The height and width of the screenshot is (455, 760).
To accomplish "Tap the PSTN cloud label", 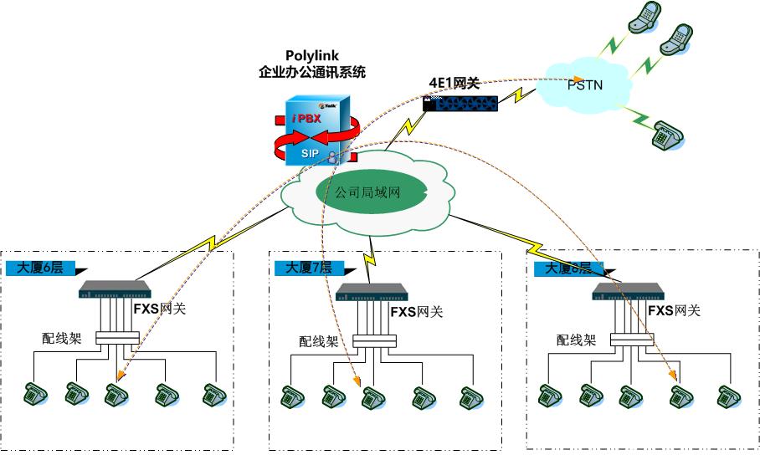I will click(585, 85).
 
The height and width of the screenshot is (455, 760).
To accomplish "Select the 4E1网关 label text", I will click(454, 82).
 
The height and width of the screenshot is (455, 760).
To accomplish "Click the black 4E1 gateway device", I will click(460, 103).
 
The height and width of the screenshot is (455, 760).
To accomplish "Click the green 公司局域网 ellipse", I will click(368, 192).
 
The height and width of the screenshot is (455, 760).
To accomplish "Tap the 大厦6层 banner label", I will click(40, 268).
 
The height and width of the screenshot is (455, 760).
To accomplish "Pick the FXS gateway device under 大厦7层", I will click(371, 292).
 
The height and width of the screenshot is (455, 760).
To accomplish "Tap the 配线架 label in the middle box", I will click(319, 341).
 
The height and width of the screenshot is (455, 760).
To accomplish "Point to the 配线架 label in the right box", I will click(577, 340).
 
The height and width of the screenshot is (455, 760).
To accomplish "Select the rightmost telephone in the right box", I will click(725, 396).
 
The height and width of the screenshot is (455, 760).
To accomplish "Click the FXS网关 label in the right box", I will click(675, 311).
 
